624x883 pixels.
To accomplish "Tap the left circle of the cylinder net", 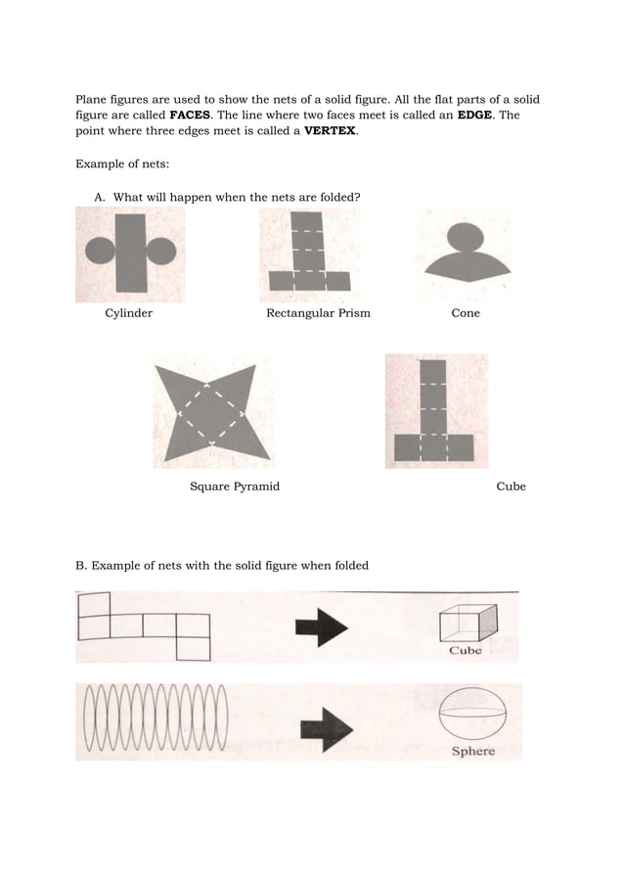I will [x=100, y=251].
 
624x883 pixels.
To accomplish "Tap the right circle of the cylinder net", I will [x=161, y=251].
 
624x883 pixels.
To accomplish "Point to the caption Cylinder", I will [x=128, y=313].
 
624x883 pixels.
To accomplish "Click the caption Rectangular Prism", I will [x=318, y=313].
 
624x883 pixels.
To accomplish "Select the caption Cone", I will [x=466, y=313].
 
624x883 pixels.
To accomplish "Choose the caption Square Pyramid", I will [x=234, y=487].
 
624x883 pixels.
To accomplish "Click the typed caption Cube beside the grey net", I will [x=511, y=487].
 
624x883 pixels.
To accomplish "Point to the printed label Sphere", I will [x=472, y=751].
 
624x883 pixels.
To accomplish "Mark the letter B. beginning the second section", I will [x=82, y=565].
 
